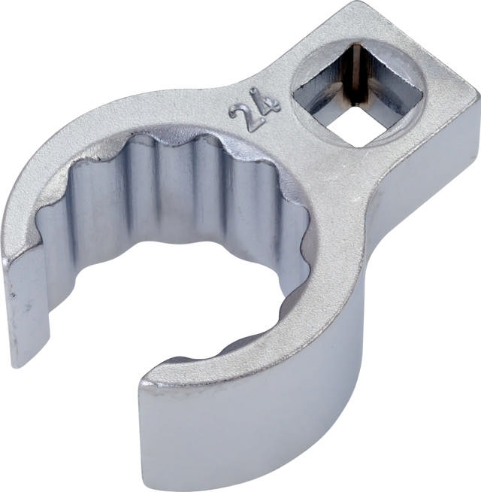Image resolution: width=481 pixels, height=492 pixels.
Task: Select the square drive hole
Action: [x=358, y=94]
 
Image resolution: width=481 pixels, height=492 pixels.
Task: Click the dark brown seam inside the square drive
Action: [x=356, y=75]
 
